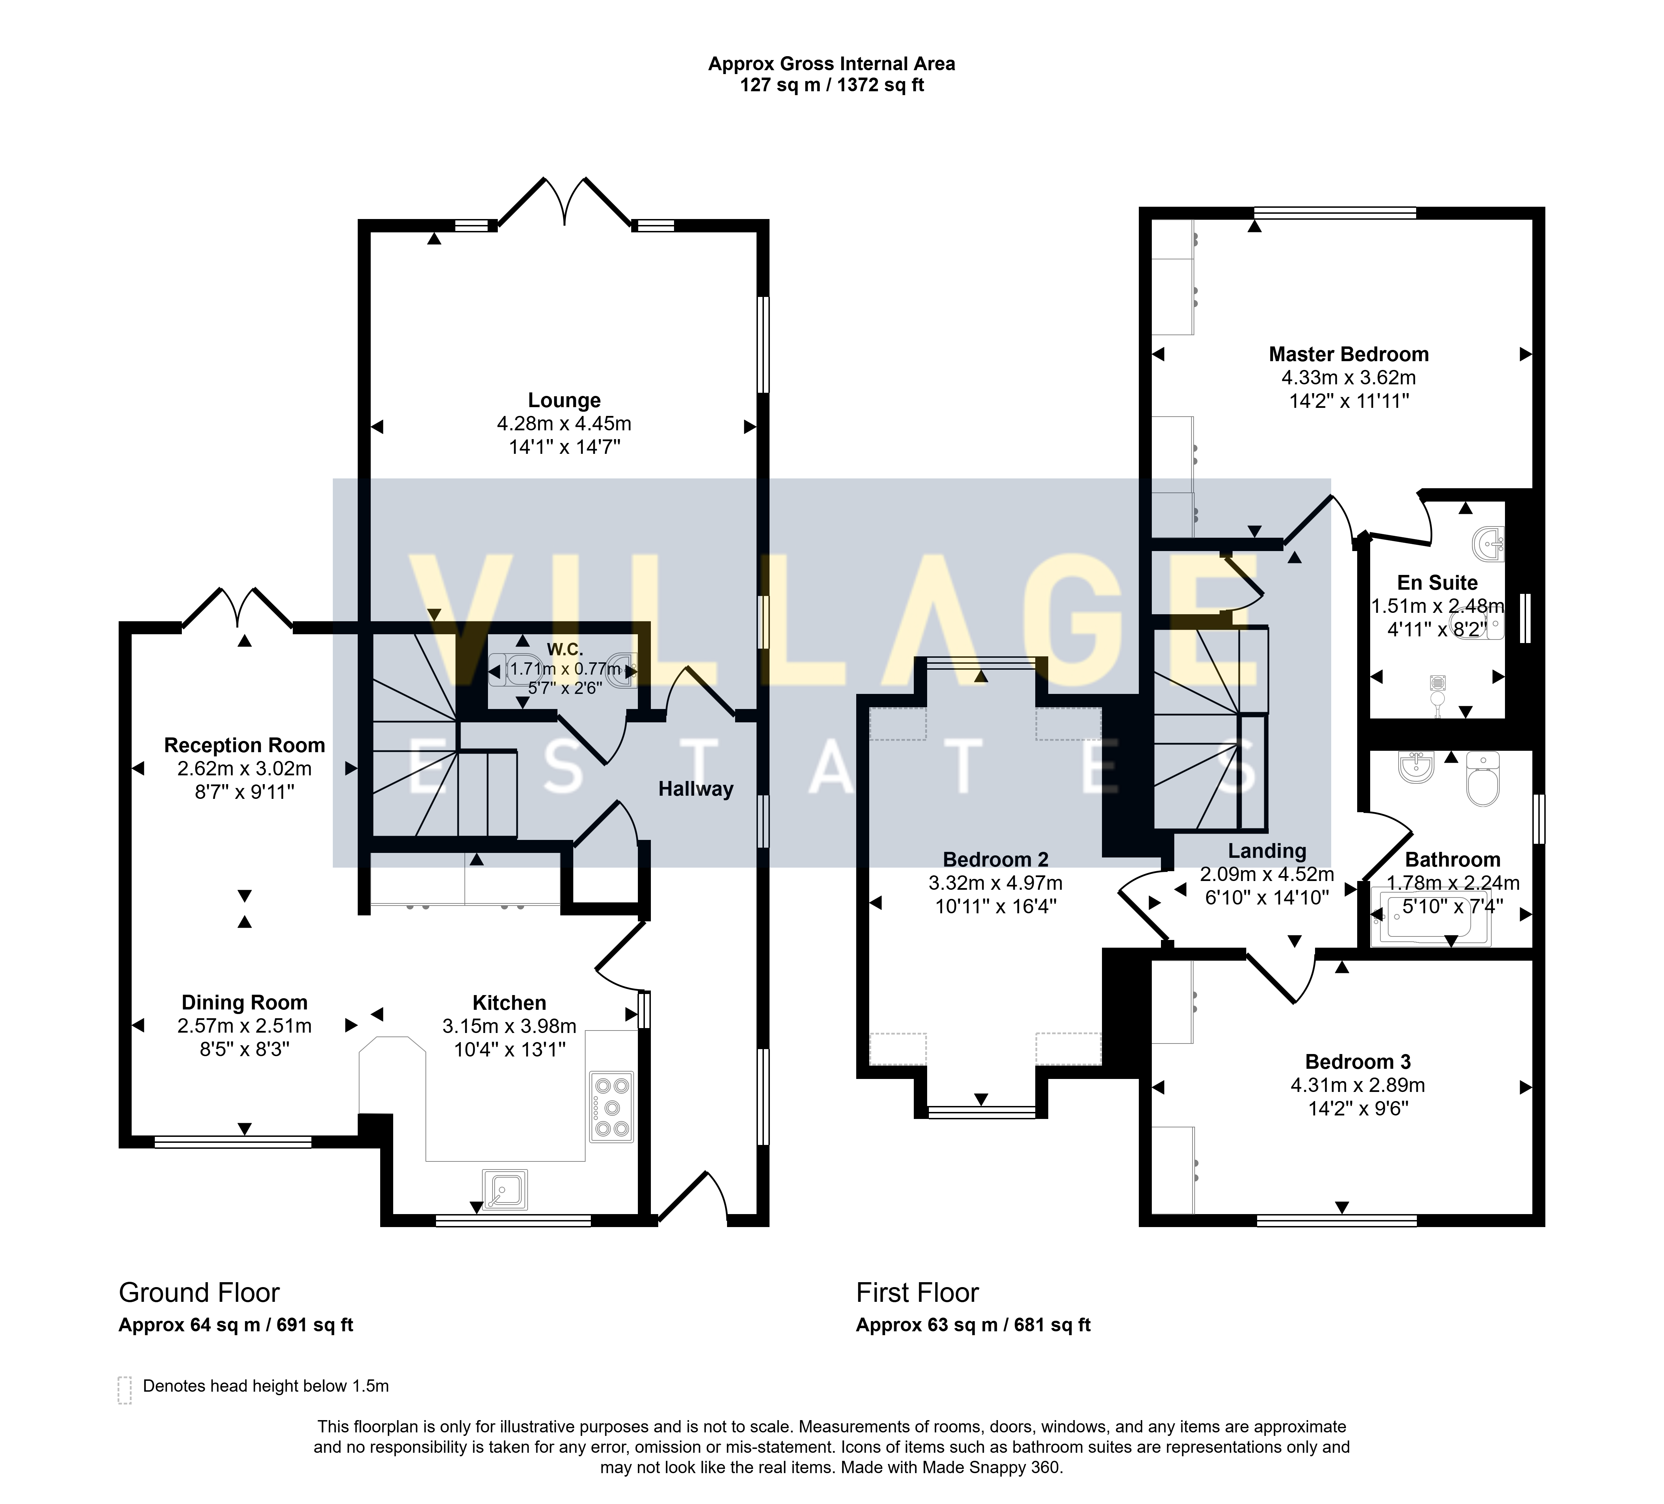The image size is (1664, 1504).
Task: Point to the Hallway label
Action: (696, 789)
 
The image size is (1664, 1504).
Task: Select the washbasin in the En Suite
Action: (1488, 543)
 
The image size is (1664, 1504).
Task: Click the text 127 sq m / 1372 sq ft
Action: (832, 85)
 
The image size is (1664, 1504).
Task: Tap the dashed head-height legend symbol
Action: (125, 1390)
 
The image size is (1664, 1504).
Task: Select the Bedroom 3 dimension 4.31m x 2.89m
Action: (1358, 1086)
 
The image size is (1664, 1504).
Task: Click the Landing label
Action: (1267, 851)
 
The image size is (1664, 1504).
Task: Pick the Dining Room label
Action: (244, 1003)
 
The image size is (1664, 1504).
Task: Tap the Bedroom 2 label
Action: (996, 860)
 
